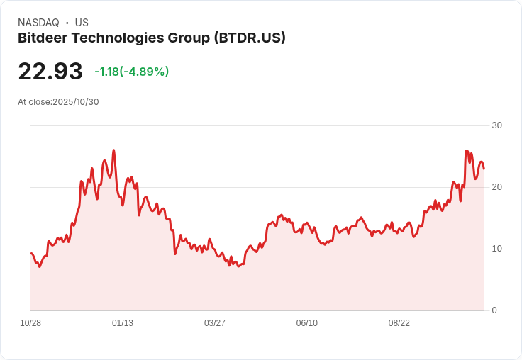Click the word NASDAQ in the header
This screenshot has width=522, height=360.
(x=38, y=23)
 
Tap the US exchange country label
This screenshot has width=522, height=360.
(x=82, y=23)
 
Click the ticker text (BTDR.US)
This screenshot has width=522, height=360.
(x=250, y=38)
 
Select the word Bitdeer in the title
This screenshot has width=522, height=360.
(x=43, y=38)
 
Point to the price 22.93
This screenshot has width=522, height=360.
(x=50, y=72)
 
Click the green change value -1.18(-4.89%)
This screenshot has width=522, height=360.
(x=131, y=72)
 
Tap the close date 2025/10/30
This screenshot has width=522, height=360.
(x=76, y=101)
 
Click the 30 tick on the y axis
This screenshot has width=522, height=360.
(x=496, y=125)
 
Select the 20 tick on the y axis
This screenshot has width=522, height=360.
(x=496, y=187)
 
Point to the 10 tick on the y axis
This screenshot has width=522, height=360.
(x=496, y=249)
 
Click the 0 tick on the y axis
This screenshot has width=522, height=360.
(x=494, y=310)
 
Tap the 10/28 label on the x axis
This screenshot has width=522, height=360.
(x=30, y=323)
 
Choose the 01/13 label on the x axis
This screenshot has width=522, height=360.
(x=123, y=323)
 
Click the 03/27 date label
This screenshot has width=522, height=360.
(x=215, y=323)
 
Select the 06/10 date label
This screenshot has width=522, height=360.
(x=307, y=323)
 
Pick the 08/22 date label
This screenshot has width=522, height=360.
(x=399, y=323)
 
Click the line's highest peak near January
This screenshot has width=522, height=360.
(x=113, y=150)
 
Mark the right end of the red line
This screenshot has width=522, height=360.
(x=484, y=169)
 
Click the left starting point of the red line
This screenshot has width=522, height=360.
(x=31, y=253)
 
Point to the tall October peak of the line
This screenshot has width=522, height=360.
(x=467, y=151)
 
